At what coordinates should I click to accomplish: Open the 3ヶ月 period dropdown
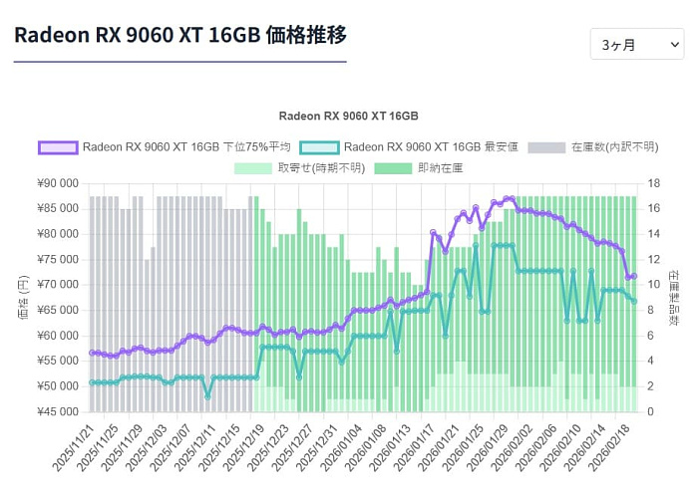[x=636, y=45]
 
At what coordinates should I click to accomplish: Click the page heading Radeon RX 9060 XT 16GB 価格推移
[x=180, y=35]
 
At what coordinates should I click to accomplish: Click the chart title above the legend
[x=348, y=116]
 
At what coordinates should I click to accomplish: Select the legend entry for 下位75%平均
[x=165, y=147]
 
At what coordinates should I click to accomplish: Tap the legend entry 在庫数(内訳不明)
[x=592, y=147]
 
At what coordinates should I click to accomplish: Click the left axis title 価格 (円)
[x=22, y=297]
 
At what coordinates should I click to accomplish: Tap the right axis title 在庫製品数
[x=674, y=297]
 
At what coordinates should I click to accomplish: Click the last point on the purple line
[x=633, y=276]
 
